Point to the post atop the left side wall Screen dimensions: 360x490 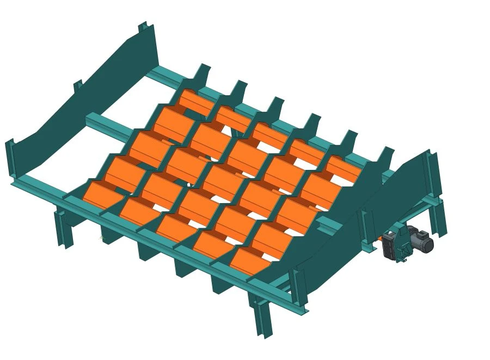144,27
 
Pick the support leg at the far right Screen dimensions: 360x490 438,218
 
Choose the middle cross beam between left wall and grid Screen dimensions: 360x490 109,123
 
